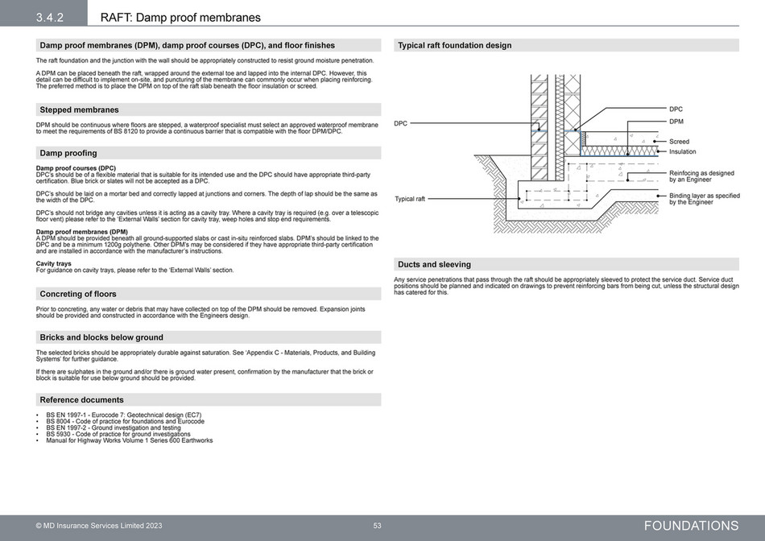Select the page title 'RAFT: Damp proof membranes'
[x=180, y=17]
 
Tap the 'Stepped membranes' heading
[x=79, y=109]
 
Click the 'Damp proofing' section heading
[x=68, y=153]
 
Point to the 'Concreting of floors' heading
[x=78, y=294]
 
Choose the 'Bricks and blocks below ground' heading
[x=101, y=337]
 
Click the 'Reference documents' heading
[x=82, y=399]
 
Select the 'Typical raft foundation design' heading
[x=455, y=45]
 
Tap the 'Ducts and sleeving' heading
[x=435, y=264]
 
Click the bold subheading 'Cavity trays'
[x=53, y=263]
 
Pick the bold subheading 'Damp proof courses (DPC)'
[x=76, y=168]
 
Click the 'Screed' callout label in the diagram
[x=679, y=142]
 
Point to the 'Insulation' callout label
[x=682, y=151]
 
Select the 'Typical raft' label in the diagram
[x=409, y=199]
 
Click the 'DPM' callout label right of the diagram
[x=676, y=121]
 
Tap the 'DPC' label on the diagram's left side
[x=400, y=123]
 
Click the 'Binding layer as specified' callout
[x=704, y=196]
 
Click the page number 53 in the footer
[x=377, y=526]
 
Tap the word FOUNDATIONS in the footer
[x=690, y=526]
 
